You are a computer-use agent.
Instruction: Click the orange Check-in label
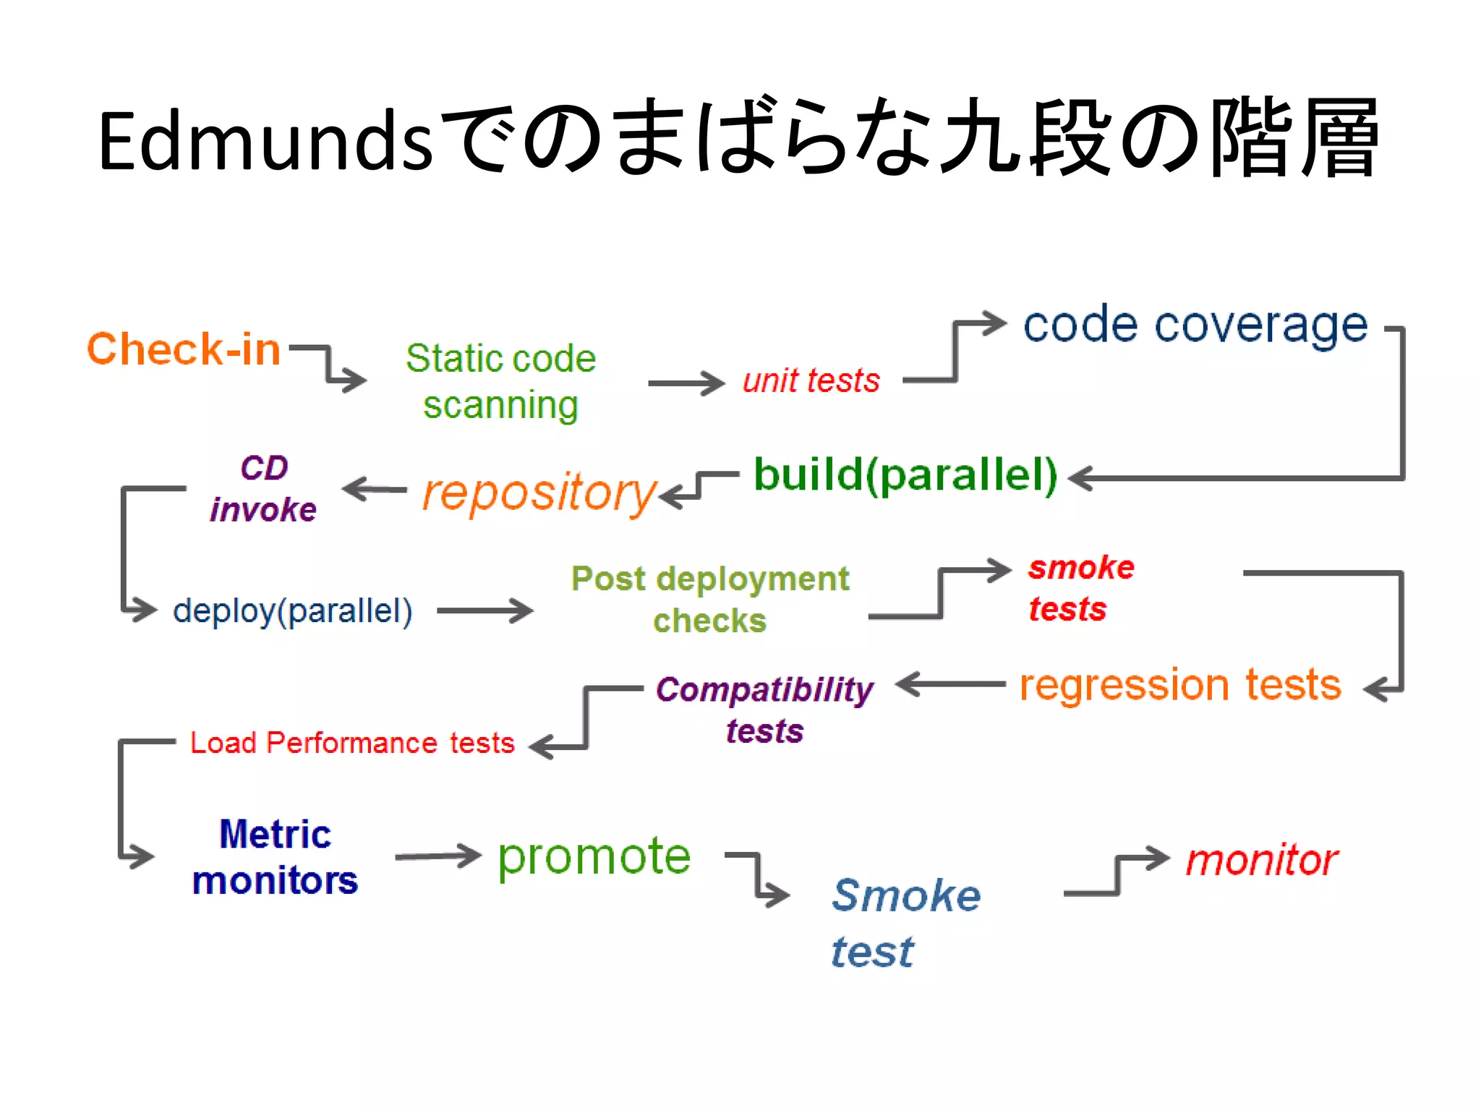(184, 349)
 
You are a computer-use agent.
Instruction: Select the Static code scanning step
(500, 381)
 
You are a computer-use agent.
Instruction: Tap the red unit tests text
(811, 380)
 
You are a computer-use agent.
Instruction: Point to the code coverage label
(1195, 325)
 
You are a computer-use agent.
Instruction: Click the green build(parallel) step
(905, 475)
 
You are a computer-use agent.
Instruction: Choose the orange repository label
(539, 493)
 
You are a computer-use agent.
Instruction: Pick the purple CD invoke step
(263, 489)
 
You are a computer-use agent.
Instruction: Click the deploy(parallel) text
(292, 610)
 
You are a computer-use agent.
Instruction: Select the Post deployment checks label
(710, 599)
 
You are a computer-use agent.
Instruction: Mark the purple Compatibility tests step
(764, 710)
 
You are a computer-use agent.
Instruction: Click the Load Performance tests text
(352, 743)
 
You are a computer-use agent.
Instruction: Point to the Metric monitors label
(275, 857)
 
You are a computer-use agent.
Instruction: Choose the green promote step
(594, 856)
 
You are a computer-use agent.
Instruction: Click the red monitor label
(1262, 860)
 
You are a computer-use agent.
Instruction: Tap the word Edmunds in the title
(265, 141)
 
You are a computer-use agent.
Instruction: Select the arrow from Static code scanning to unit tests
(686, 383)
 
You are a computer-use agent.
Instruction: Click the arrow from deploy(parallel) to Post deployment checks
(485, 610)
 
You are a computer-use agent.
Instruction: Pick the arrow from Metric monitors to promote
(438, 856)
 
